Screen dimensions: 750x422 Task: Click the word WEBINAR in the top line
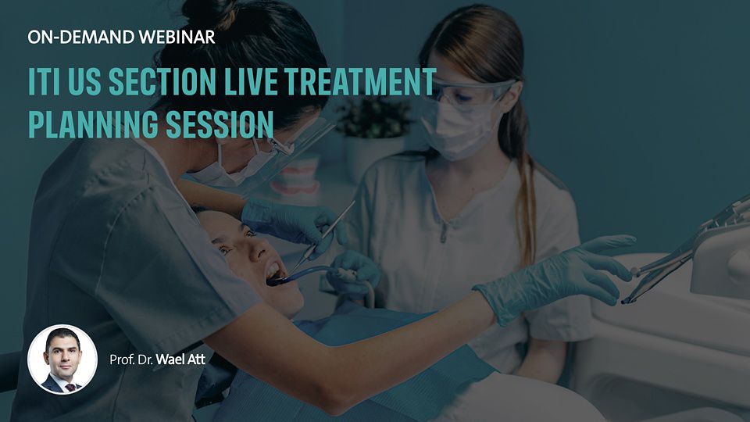pyautogui.click(x=177, y=38)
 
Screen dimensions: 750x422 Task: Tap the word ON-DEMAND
pyautogui.click(x=80, y=38)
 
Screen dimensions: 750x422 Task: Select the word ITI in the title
pyautogui.click(x=44, y=81)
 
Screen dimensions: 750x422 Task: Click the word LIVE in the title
pyautogui.click(x=251, y=81)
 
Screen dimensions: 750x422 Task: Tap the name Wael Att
pyautogui.click(x=180, y=359)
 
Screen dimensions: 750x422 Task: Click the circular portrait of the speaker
pyautogui.click(x=62, y=359)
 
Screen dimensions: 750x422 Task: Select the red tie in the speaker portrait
pyautogui.click(x=71, y=387)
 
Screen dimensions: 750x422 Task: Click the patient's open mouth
pyautogui.click(x=273, y=272)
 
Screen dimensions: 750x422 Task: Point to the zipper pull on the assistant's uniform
pyautogui.click(x=445, y=234)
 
